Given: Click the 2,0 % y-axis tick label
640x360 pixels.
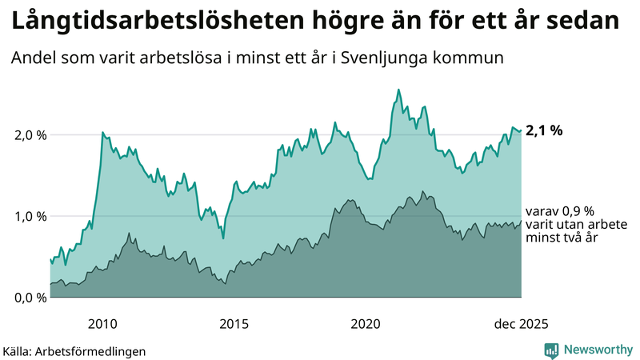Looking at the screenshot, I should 30,135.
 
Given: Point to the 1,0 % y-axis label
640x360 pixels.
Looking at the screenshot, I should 30,216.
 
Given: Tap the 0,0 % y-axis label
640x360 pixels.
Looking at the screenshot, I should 30,298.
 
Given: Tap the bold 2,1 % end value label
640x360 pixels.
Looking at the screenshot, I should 544,130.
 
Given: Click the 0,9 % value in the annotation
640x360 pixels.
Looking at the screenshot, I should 577,210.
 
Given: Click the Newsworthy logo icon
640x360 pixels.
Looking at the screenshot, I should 551,350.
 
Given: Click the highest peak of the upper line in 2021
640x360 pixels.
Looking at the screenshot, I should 398,90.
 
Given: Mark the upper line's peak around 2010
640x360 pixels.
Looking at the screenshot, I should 102,132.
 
